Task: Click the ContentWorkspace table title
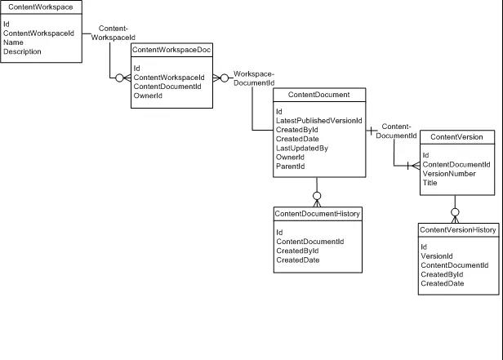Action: click(41, 7)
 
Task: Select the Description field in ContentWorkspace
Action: click(22, 51)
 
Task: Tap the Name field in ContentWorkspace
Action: click(13, 42)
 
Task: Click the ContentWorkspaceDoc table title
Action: click(171, 50)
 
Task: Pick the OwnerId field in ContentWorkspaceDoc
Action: click(148, 96)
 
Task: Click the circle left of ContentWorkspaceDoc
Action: click(119, 78)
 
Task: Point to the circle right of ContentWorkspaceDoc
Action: click(225, 78)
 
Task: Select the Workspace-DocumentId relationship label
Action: click(254, 78)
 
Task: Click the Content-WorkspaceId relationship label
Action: click(114, 33)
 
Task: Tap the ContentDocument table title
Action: click(318, 95)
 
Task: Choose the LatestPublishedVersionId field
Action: click(318, 121)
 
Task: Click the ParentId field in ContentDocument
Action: click(291, 167)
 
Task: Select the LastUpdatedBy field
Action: click(302, 148)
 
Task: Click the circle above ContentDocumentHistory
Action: click(317, 196)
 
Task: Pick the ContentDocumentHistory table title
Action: click(318, 214)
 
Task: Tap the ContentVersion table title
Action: click(456, 137)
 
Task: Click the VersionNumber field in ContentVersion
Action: click(449, 174)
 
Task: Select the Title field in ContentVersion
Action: click(430, 183)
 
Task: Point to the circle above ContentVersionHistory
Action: click(455, 212)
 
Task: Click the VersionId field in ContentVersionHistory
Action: click(437, 256)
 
